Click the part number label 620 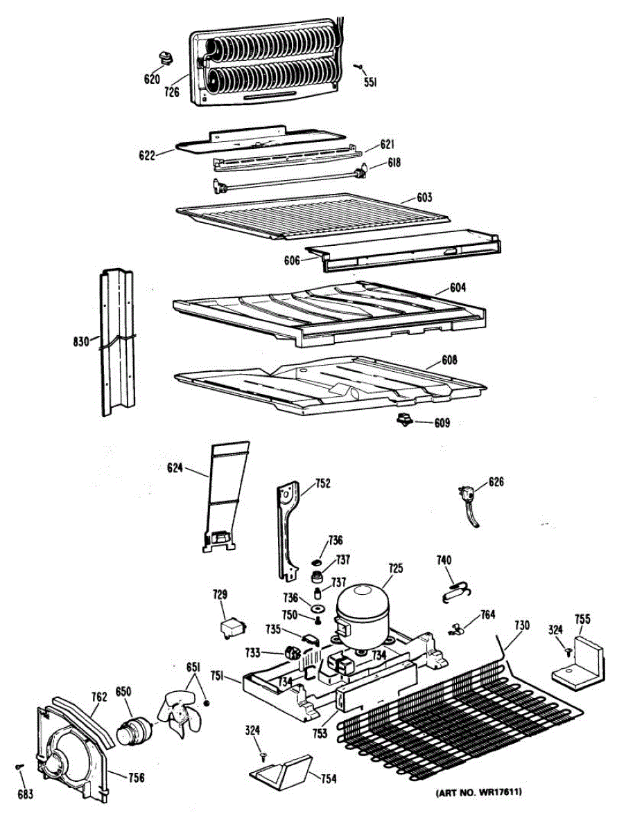pos(152,79)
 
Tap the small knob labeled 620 pos(165,57)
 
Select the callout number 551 pos(371,82)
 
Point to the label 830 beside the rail pos(80,341)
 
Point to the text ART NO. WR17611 pos(478,792)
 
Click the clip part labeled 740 pos(453,588)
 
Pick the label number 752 pos(322,484)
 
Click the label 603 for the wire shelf pos(424,197)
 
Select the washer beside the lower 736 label pos(318,609)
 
